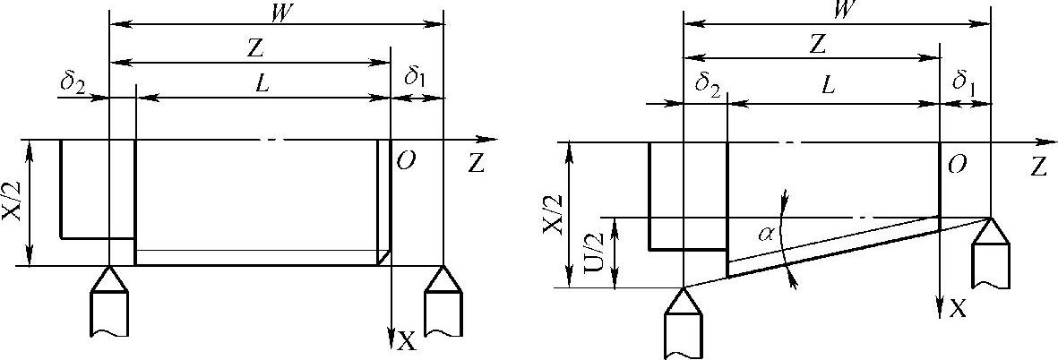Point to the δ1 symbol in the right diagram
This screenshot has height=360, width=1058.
(963, 84)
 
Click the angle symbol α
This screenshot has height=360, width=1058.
(766, 235)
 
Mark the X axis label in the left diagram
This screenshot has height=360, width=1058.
(407, 340)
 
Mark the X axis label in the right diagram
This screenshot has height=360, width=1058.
(958, 309)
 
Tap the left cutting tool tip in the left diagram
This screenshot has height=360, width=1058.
(110, 268)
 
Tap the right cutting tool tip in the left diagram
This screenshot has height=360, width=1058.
(443, 268)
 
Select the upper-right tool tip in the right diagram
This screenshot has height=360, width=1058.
(992, 219)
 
